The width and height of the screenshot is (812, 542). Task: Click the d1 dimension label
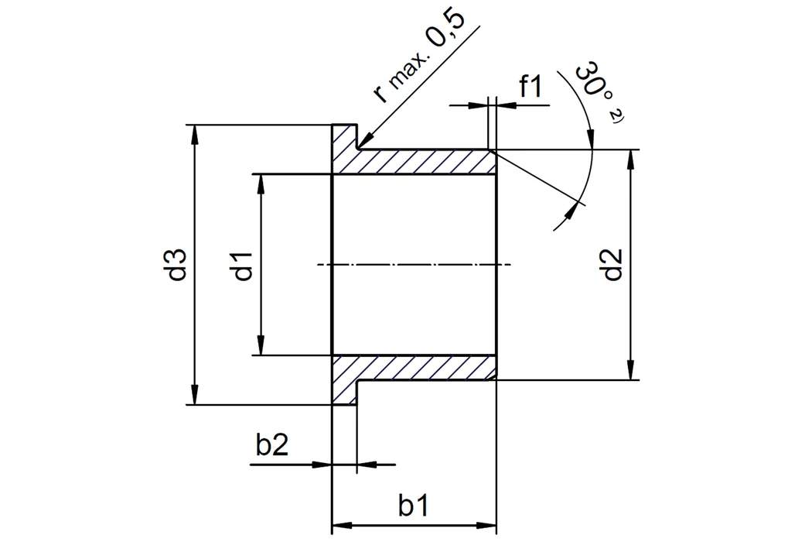click(244, 265)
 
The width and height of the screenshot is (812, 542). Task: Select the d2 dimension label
click(612, 264)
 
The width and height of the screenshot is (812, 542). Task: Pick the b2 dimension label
click(272, 447)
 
